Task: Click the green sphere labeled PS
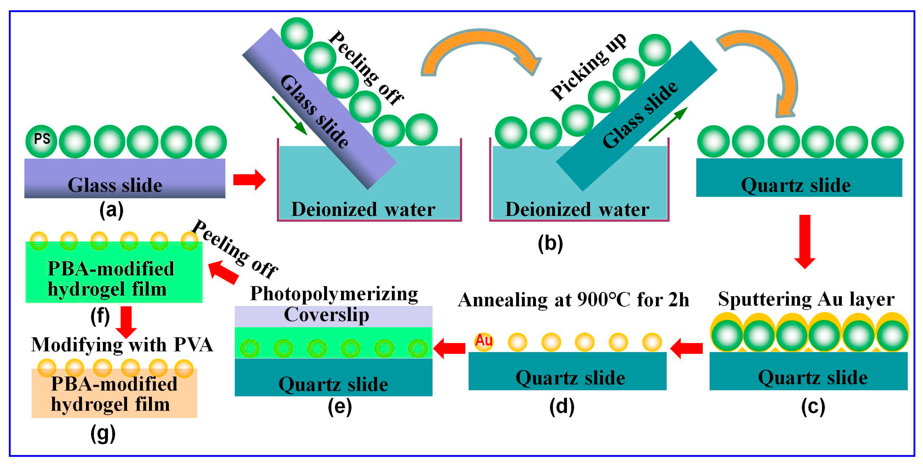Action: click(x=41, y=141)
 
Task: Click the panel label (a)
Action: click(x=111, y=210)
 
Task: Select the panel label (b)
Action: click(x=550, y=243)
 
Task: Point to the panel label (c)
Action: click(x=813, y=407)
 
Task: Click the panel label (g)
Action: click(x=103, y=434)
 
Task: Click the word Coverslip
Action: click(x=326, y=314)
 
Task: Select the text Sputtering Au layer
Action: click(x=806, y=299)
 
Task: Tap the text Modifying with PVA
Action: click(x=122, y=345)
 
